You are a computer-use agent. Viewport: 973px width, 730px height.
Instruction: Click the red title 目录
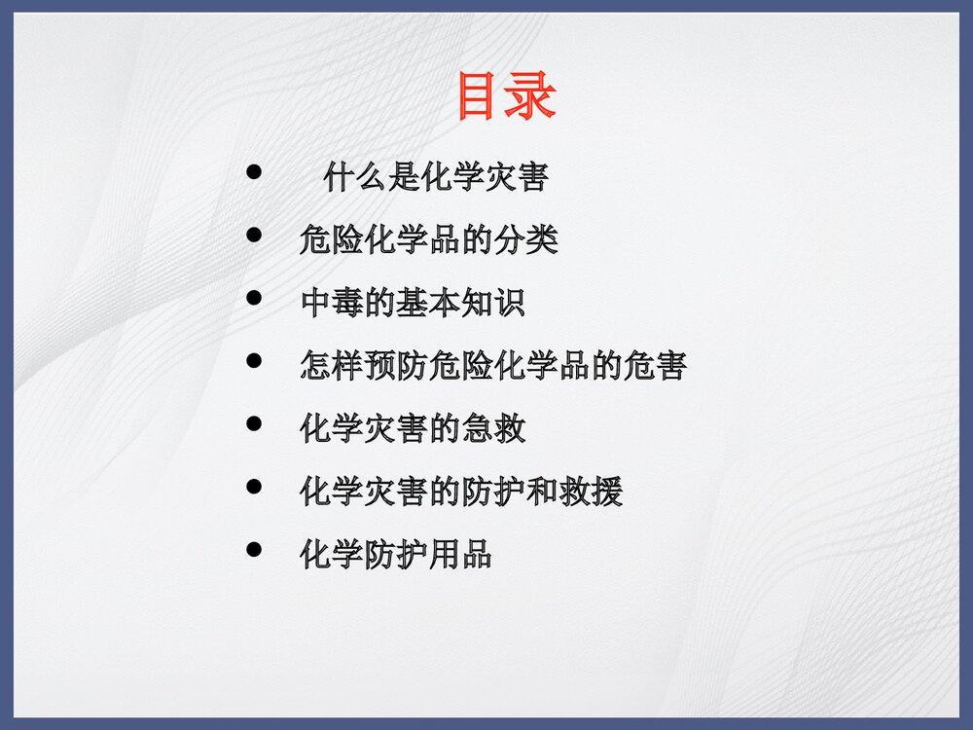tap(506, 97)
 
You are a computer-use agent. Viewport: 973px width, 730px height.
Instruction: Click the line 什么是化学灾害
tap(436, 177)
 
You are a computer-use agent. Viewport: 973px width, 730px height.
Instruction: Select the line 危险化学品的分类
tap(428, 239)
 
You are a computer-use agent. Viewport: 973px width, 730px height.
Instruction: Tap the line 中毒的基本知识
tap(413, 303)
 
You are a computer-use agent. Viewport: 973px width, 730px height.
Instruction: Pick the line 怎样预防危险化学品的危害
tap(493, 365)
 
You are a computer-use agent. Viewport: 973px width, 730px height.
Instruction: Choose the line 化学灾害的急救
tap(413, 428)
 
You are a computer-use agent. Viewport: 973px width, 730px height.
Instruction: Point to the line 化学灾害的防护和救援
tap(461, 492)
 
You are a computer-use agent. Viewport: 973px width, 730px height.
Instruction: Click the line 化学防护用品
tap(396, 554)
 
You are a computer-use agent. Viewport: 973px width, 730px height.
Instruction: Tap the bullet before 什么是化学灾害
tap(255, 173)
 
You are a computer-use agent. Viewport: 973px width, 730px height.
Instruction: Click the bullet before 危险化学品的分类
tap(255, 236)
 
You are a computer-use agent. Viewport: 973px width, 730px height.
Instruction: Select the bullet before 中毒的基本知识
tap(255, 298)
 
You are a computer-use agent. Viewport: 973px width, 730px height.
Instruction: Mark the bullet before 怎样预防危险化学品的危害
tap(255, 361)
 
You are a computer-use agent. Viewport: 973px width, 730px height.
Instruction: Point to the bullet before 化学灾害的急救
tap(255, 423)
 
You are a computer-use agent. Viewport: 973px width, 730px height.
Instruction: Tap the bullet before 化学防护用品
tap(255, 549)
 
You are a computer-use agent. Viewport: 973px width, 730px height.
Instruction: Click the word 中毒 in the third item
tap(332, 303)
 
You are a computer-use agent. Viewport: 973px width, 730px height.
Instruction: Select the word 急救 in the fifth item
tap(493, 428)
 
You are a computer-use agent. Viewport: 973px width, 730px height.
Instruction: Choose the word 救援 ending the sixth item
tap(591, 492)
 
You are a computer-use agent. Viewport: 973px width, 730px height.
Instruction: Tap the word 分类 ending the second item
tap(526, 239)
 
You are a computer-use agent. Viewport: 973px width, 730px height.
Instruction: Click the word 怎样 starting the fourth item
tap(332, 365)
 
